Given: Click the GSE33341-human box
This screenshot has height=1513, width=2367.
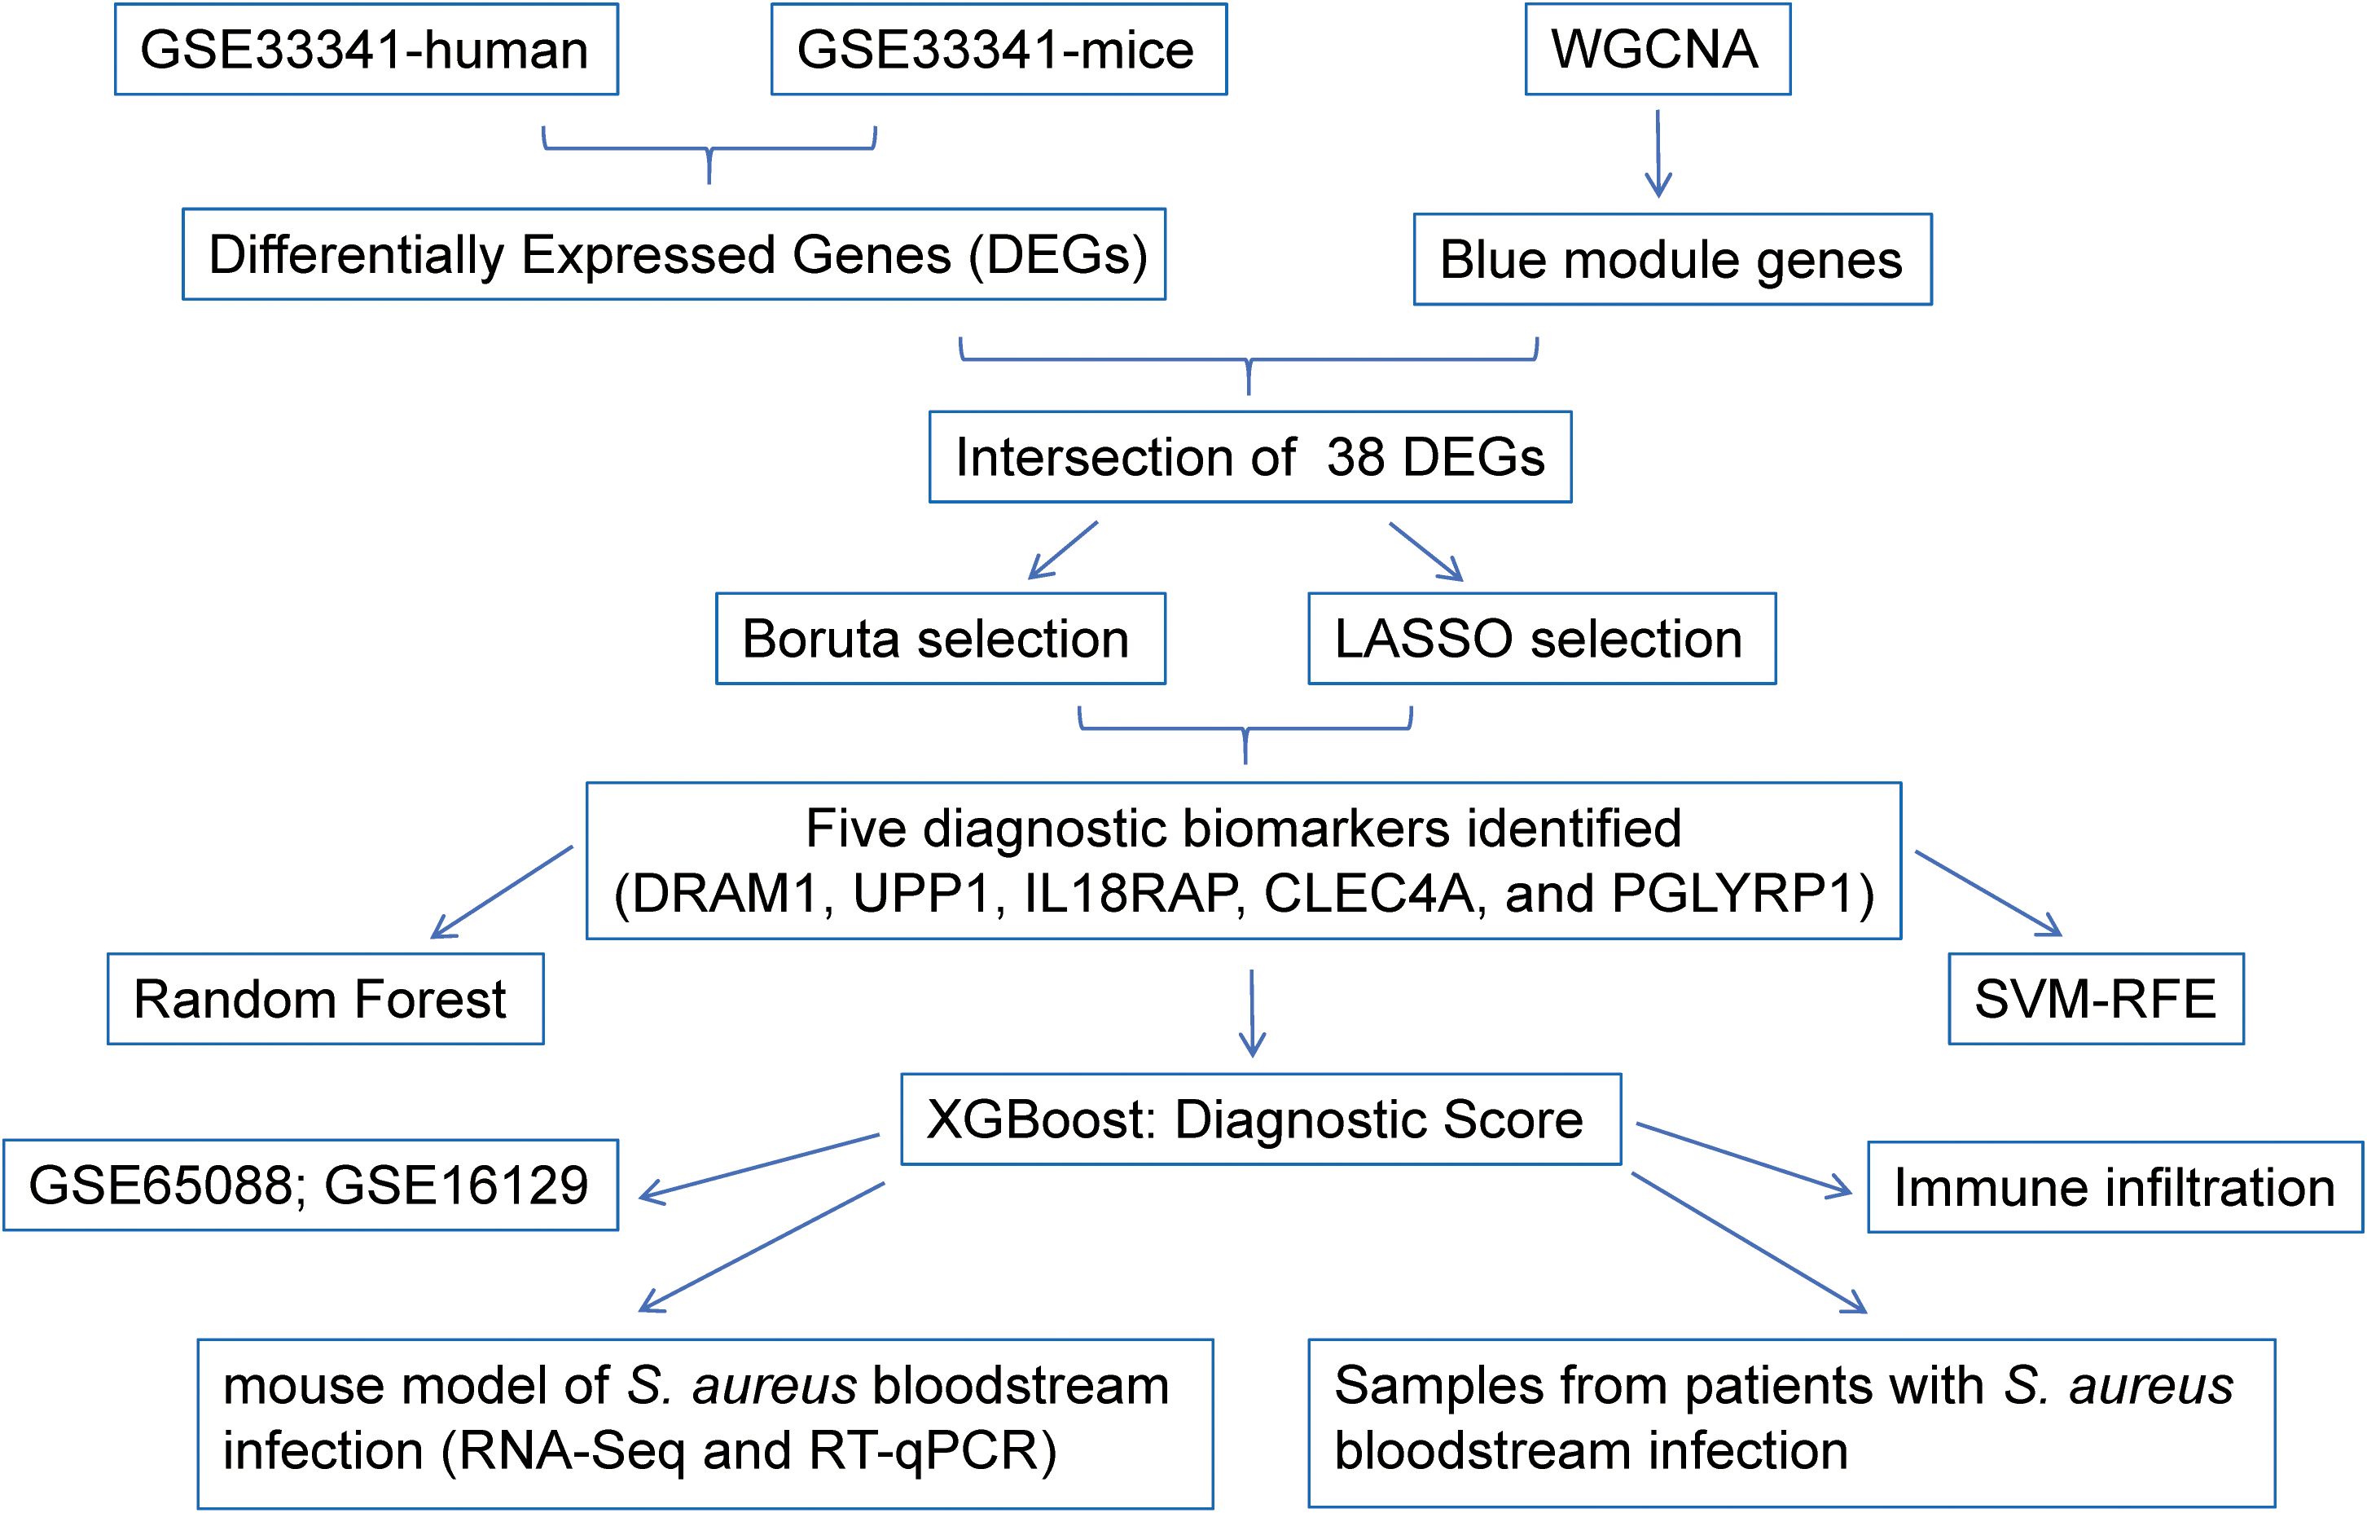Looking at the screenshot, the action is (x=367, y=49).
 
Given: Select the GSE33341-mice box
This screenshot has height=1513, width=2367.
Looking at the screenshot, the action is (x=999, y=49).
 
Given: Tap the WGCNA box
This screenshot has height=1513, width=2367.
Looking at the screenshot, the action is (x=1658, y=49).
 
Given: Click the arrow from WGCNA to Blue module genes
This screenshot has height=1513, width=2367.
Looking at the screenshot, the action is (x=1658, y=153).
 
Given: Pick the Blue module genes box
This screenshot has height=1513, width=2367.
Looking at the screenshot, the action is (x=1672, y=260).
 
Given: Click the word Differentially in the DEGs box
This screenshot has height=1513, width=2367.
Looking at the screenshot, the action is (x=357, y=256).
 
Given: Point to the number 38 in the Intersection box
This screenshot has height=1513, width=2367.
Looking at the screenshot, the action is (x=1356, y=457).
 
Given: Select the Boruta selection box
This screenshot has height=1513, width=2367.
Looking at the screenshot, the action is (x=941, y=638).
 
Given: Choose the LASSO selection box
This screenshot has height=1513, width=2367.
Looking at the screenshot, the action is (x=1541, y=638).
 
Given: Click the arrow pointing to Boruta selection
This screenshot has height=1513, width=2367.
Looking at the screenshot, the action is (x=1063, y=551).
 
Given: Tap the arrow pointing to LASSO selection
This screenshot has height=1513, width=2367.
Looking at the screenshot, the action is (x=1426, y=552).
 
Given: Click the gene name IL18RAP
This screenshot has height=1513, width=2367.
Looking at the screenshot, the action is (x=1131, y=894).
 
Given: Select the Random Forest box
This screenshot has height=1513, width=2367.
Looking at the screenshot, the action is (x=325, y=999).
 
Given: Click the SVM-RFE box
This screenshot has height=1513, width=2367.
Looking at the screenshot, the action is (x=2096, y=999).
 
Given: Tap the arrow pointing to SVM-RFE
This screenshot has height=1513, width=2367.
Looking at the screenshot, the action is (x=1987, y=893).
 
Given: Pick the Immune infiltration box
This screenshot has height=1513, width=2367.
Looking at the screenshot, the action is (x=2115, y=1186).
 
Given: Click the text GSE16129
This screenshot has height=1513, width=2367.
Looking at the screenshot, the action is (x=456, y=1185).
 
